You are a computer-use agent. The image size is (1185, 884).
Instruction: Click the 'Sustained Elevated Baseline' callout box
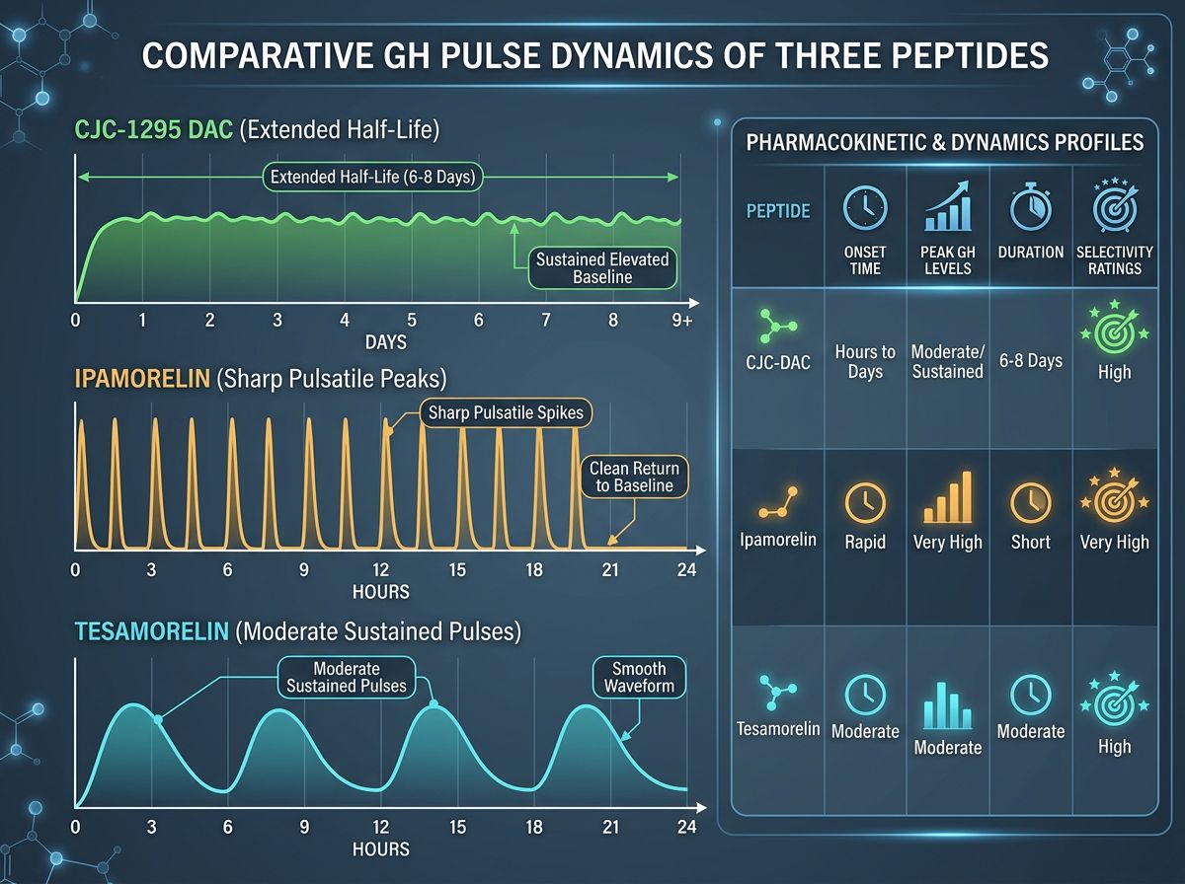(x=601, y=268)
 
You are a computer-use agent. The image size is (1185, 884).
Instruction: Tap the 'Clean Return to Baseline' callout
(x=635, y=476)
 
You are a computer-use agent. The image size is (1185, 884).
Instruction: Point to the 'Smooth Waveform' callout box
(x=639, y=677)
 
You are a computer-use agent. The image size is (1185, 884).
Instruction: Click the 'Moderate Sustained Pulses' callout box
(x=346, y=676)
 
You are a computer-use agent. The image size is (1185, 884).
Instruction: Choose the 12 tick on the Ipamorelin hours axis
(x=380, y=570)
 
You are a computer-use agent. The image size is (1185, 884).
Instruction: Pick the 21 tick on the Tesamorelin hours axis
(x=610, y=827)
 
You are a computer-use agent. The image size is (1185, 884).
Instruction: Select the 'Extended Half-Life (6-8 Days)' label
(x=373, y=178)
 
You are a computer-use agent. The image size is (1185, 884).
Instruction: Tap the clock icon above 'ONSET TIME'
(x=865, y=208)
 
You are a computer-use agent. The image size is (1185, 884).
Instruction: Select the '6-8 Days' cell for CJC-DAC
(x=1030, y=360)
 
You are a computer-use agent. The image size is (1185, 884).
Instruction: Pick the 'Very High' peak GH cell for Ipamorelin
(x=947, y=542)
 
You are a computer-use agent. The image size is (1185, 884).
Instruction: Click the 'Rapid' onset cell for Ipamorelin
(x=865, y=542)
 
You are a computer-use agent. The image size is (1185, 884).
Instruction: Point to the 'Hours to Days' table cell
(x=865, y=361)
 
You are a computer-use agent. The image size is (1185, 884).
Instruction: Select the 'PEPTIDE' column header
(x=777, y=211)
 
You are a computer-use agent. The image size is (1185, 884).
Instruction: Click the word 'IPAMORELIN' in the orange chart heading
(x=137, y=379)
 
